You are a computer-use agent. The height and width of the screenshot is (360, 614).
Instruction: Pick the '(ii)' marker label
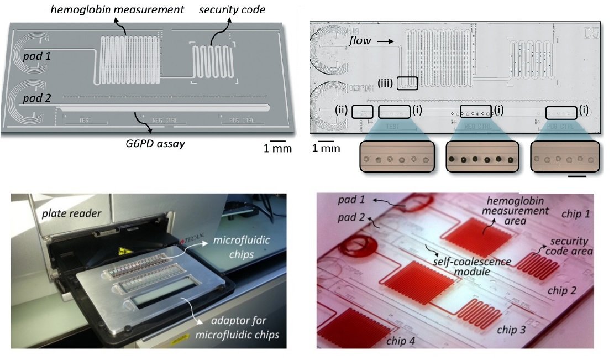coord(343,111)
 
